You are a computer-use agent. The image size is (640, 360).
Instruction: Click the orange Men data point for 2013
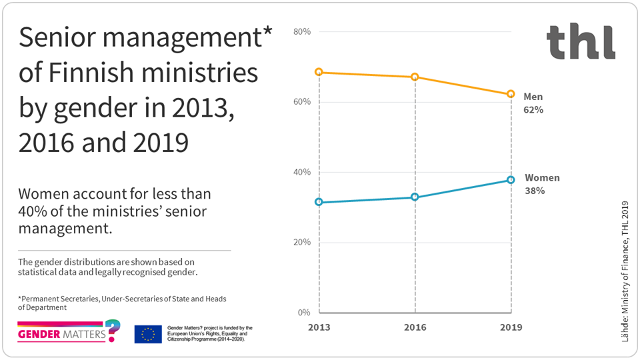319,72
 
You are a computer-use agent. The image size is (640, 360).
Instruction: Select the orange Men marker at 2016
415,77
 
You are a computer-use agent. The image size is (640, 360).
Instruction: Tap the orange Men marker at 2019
511,95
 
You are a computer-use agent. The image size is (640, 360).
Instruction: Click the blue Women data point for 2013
319,202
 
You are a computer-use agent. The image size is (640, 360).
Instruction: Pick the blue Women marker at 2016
415,197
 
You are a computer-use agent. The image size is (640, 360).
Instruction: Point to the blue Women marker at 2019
511,180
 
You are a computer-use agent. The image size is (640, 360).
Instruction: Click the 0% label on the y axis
304,313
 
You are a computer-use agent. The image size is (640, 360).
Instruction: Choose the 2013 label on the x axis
319,328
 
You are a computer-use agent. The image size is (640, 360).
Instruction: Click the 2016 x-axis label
415,328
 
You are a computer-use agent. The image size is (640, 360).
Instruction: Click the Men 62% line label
533,103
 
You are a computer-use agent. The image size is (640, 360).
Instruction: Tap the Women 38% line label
542,184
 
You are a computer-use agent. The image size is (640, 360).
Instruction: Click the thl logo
581,41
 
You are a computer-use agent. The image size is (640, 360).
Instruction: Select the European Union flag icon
147,334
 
